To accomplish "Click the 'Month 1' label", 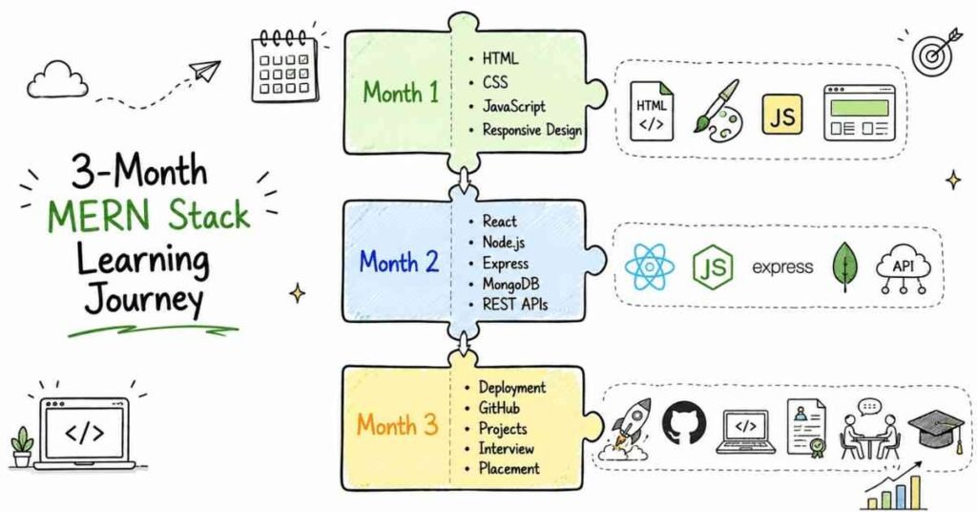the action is tap(401, 93).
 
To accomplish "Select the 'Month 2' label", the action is tap(399, 262).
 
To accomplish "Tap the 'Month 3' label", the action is tap(397, 425).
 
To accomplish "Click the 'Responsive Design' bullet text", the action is tap(532, 130).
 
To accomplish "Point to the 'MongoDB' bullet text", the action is tap(510, 285).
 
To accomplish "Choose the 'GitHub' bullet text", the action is tap(498, 408).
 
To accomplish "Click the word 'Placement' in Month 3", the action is tap(509, 468).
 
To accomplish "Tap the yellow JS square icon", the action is tap(782, 115).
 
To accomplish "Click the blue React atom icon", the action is tap(649, 267).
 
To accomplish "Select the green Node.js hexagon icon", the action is tap(713, 267).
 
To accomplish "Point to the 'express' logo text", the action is tap(782, 267).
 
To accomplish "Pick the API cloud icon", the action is tap(903, 269).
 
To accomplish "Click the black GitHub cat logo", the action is tap(684, 423).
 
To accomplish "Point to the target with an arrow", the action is tap(936, 51).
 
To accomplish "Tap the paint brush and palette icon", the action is tap(717, 110).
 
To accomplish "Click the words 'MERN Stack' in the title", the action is tap(148, 215).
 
